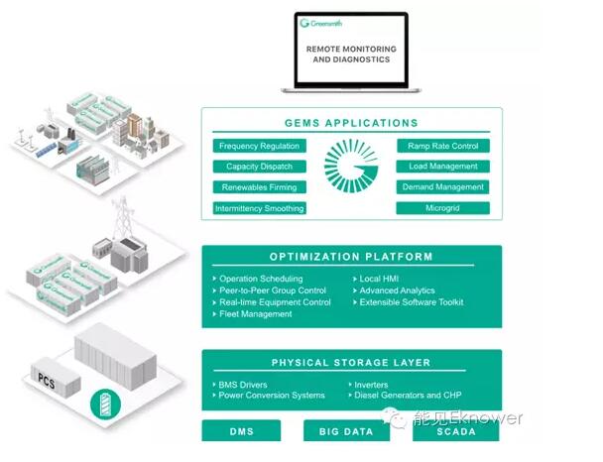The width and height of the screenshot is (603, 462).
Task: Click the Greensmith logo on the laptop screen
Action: coord(320,23)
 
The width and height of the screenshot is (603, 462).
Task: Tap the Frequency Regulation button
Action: coord(259,146)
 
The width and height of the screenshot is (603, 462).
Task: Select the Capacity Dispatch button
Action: coord(259,167)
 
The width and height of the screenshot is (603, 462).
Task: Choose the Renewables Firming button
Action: coord(259,187)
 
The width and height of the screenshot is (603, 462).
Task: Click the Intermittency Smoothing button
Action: coord(259,208)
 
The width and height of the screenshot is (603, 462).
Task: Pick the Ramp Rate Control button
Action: coord(442,146)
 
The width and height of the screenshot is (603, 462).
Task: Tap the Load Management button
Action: coord(442,167)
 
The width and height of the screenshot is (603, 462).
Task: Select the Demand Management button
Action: coord(442,187)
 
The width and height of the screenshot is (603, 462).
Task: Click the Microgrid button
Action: coord(442,208)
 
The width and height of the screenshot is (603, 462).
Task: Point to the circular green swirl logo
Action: coord(351,173)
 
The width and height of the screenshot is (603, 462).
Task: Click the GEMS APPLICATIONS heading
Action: coord(351,124)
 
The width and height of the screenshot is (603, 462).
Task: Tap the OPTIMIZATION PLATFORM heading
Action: coord(351,257)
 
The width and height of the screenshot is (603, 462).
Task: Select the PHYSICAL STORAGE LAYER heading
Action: coord(351,362)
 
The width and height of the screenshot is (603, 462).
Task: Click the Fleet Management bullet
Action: coord(255,314)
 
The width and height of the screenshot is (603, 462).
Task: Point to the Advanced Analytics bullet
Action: coord(396,290)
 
